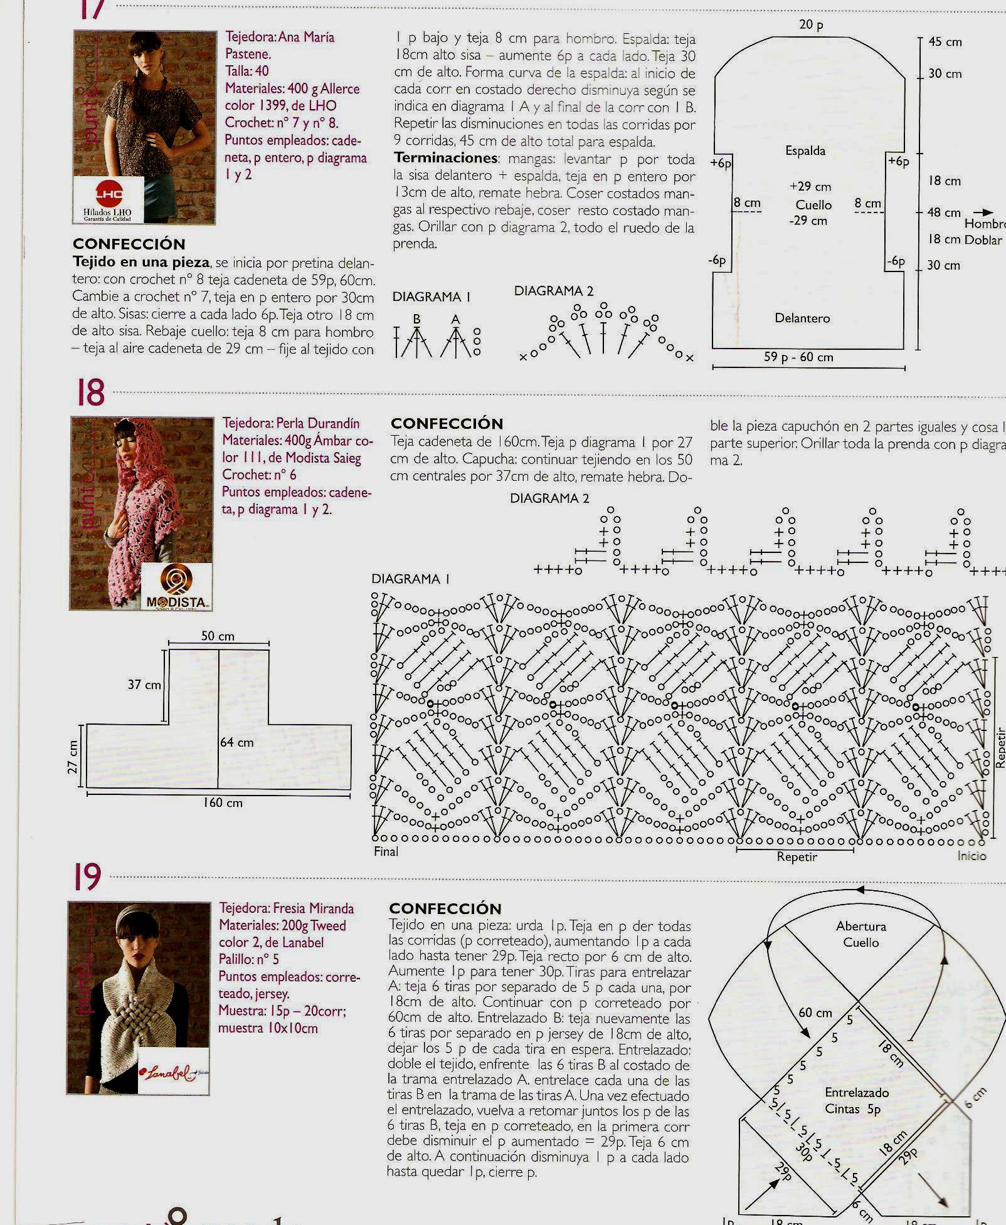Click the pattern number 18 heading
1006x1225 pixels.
tap(90, 393)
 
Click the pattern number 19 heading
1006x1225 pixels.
tap(87, 876)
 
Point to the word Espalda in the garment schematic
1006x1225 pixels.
tap(805, 151)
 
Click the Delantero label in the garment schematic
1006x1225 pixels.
tap(802, 318)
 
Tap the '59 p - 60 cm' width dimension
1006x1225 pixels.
tap(798, 357)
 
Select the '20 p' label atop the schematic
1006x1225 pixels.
tap(811, 25)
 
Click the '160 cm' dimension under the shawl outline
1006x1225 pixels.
tap(223, 802)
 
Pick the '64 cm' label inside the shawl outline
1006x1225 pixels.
tap(237, 743)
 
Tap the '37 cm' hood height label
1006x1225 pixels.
tap(144, 685)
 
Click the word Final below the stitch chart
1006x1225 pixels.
tap(386, 851)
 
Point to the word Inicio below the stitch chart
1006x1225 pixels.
tap(972, 856)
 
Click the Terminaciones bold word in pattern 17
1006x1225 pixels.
tap(446, 158)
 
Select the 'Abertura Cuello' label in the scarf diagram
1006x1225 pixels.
tap(861, 934)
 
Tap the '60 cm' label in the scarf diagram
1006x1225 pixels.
tap(815, 1012)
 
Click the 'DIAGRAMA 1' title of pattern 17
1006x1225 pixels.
tap(431, 297)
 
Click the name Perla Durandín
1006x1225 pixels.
tap(318, 423)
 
